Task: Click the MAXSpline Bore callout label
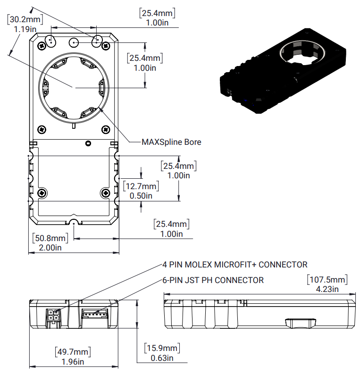[171, 142]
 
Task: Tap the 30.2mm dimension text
[25, 19]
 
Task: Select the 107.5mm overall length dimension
[328, 279]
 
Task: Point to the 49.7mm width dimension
[73, 352]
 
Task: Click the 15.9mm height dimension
[162, 349]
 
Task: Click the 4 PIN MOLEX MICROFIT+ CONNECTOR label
[234, 265]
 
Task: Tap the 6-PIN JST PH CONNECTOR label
[213, 280]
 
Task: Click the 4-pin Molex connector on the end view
[53, 315]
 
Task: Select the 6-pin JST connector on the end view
[94, 313]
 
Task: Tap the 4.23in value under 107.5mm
[328, 289]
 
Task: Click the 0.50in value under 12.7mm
[141, 195]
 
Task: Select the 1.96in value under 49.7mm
[73, 362]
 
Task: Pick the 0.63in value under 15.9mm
[162, 358]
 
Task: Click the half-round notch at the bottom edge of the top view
[74, 222]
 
